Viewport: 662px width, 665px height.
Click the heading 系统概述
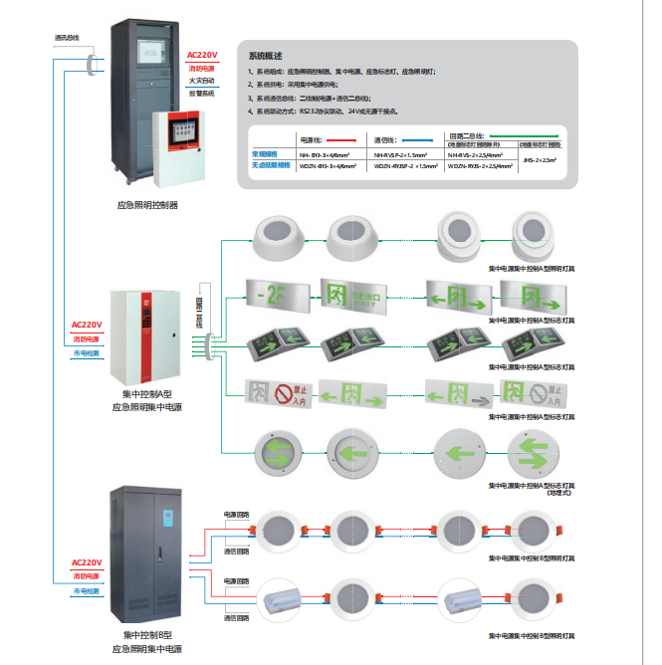(x=265, y=56)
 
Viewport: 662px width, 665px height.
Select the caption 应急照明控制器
(x=147, y=204)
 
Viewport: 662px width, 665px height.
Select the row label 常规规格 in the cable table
(x=268, y=154)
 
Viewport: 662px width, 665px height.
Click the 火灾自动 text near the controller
(x=202, y=81)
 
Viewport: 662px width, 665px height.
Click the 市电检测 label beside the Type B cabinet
(x=86, y=592)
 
